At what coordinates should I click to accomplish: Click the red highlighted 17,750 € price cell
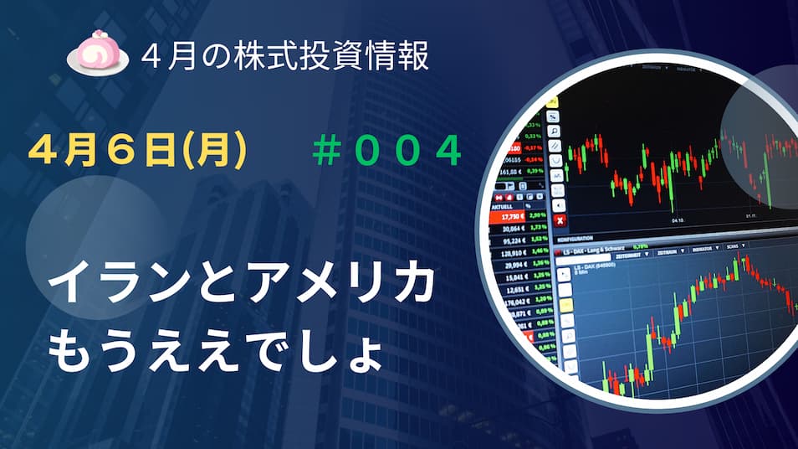click(x=512, y=217)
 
